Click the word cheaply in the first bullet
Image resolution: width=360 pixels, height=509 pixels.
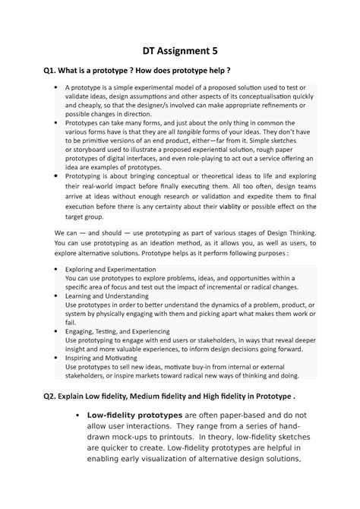(81, 104)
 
